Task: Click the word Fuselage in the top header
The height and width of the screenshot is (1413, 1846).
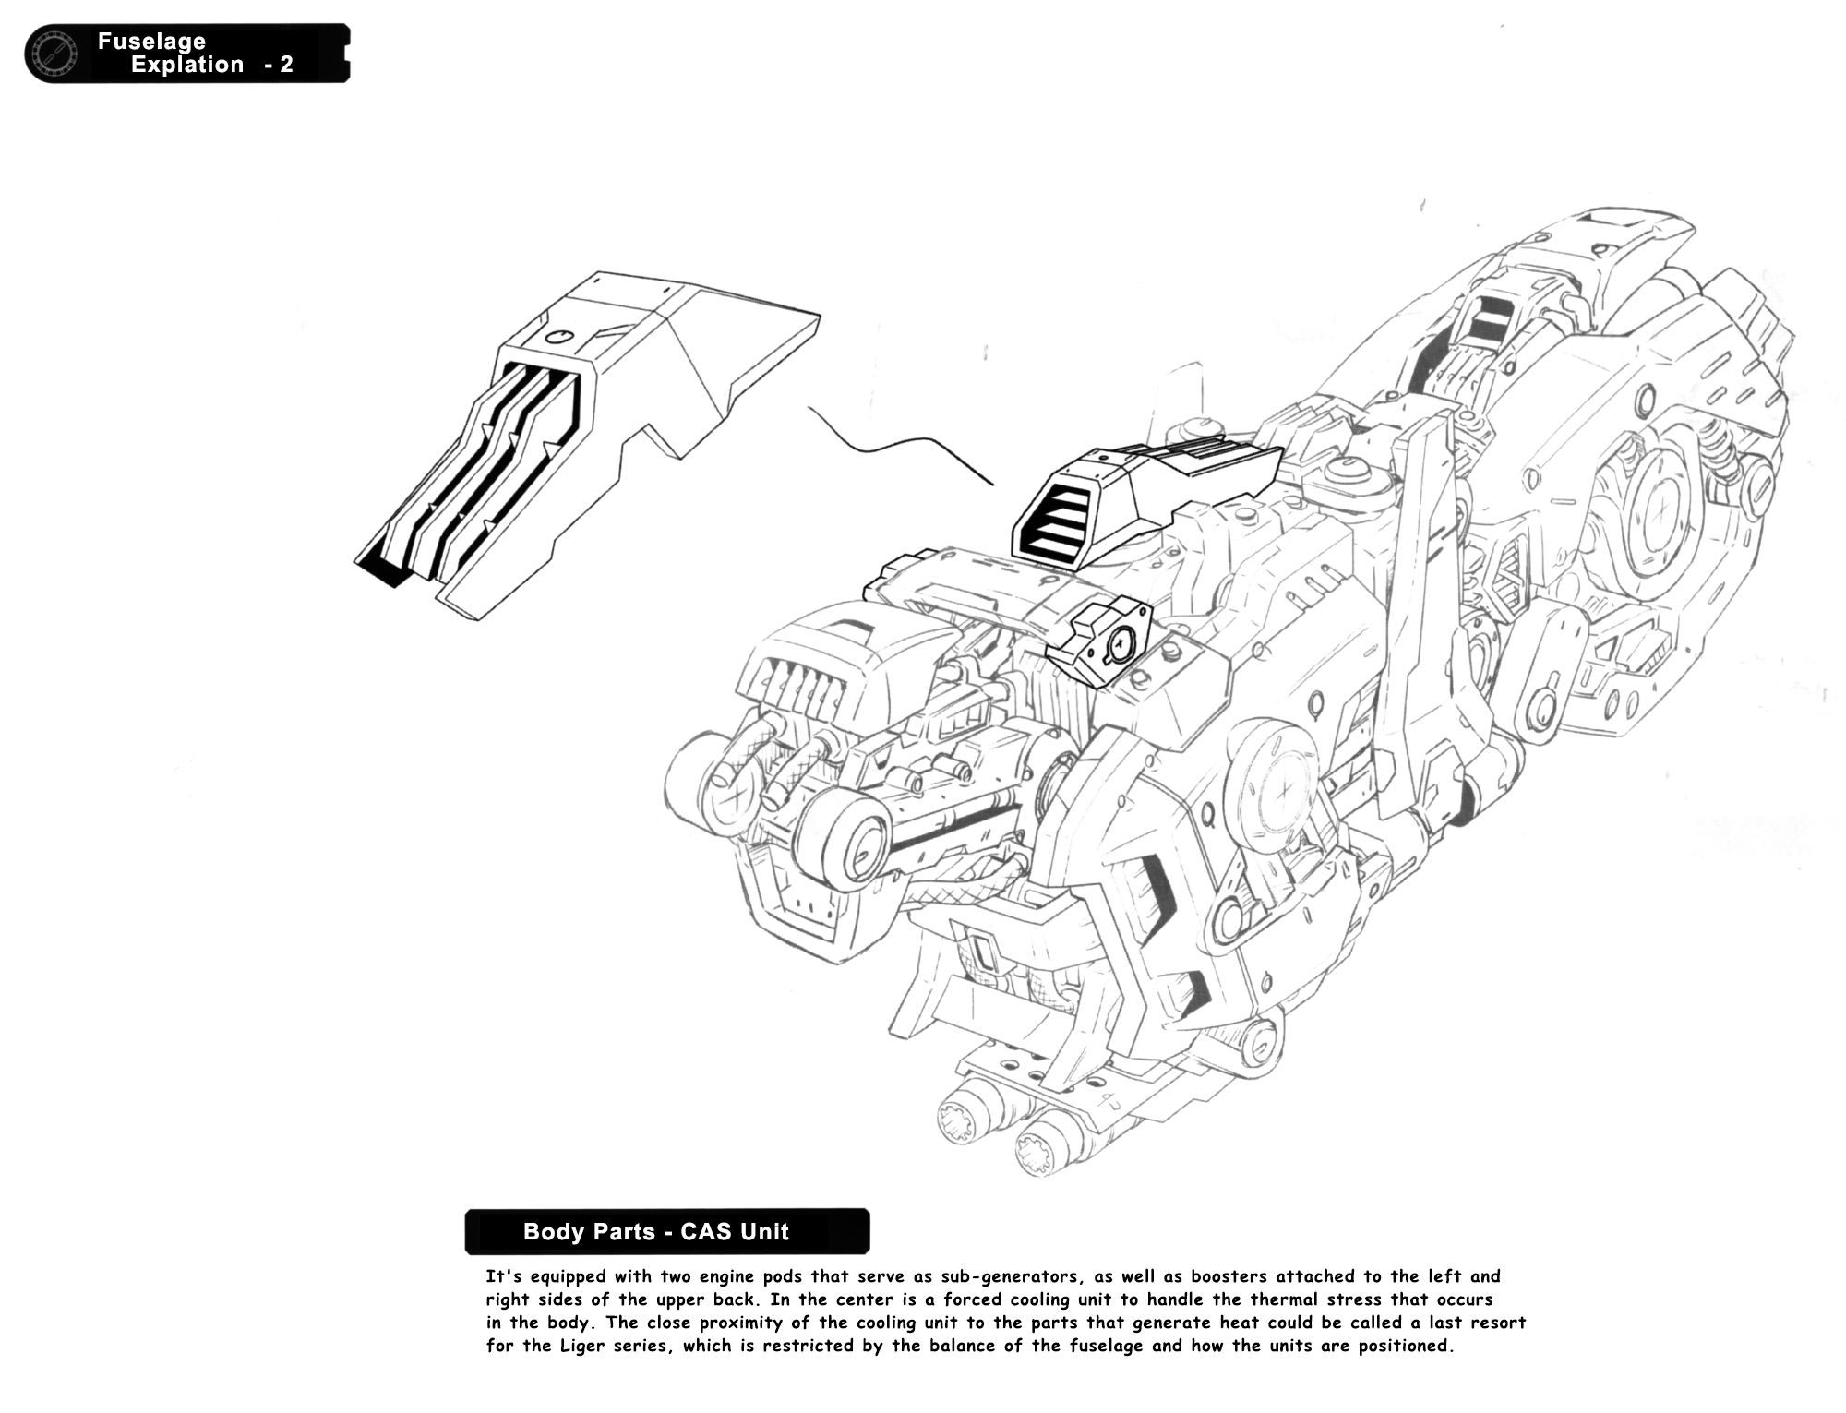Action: pyautogui.click(x=151, y=41)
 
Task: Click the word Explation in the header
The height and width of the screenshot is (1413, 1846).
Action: pyautogui.click(x=187, y=65)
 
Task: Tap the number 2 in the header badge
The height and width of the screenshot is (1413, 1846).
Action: pyautogui.click(x=286, y=65)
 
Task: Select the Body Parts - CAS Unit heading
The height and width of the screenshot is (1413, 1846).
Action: pyautogui.click(x=656, y=1231)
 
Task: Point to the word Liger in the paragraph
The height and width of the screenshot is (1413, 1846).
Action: pyautogui.click(x=584, y=1346)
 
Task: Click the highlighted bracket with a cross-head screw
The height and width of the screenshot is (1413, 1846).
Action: pyautogui.click(x=1098, y=641)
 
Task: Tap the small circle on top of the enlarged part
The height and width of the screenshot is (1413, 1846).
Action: pyautogui.click(x=558, y=337)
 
